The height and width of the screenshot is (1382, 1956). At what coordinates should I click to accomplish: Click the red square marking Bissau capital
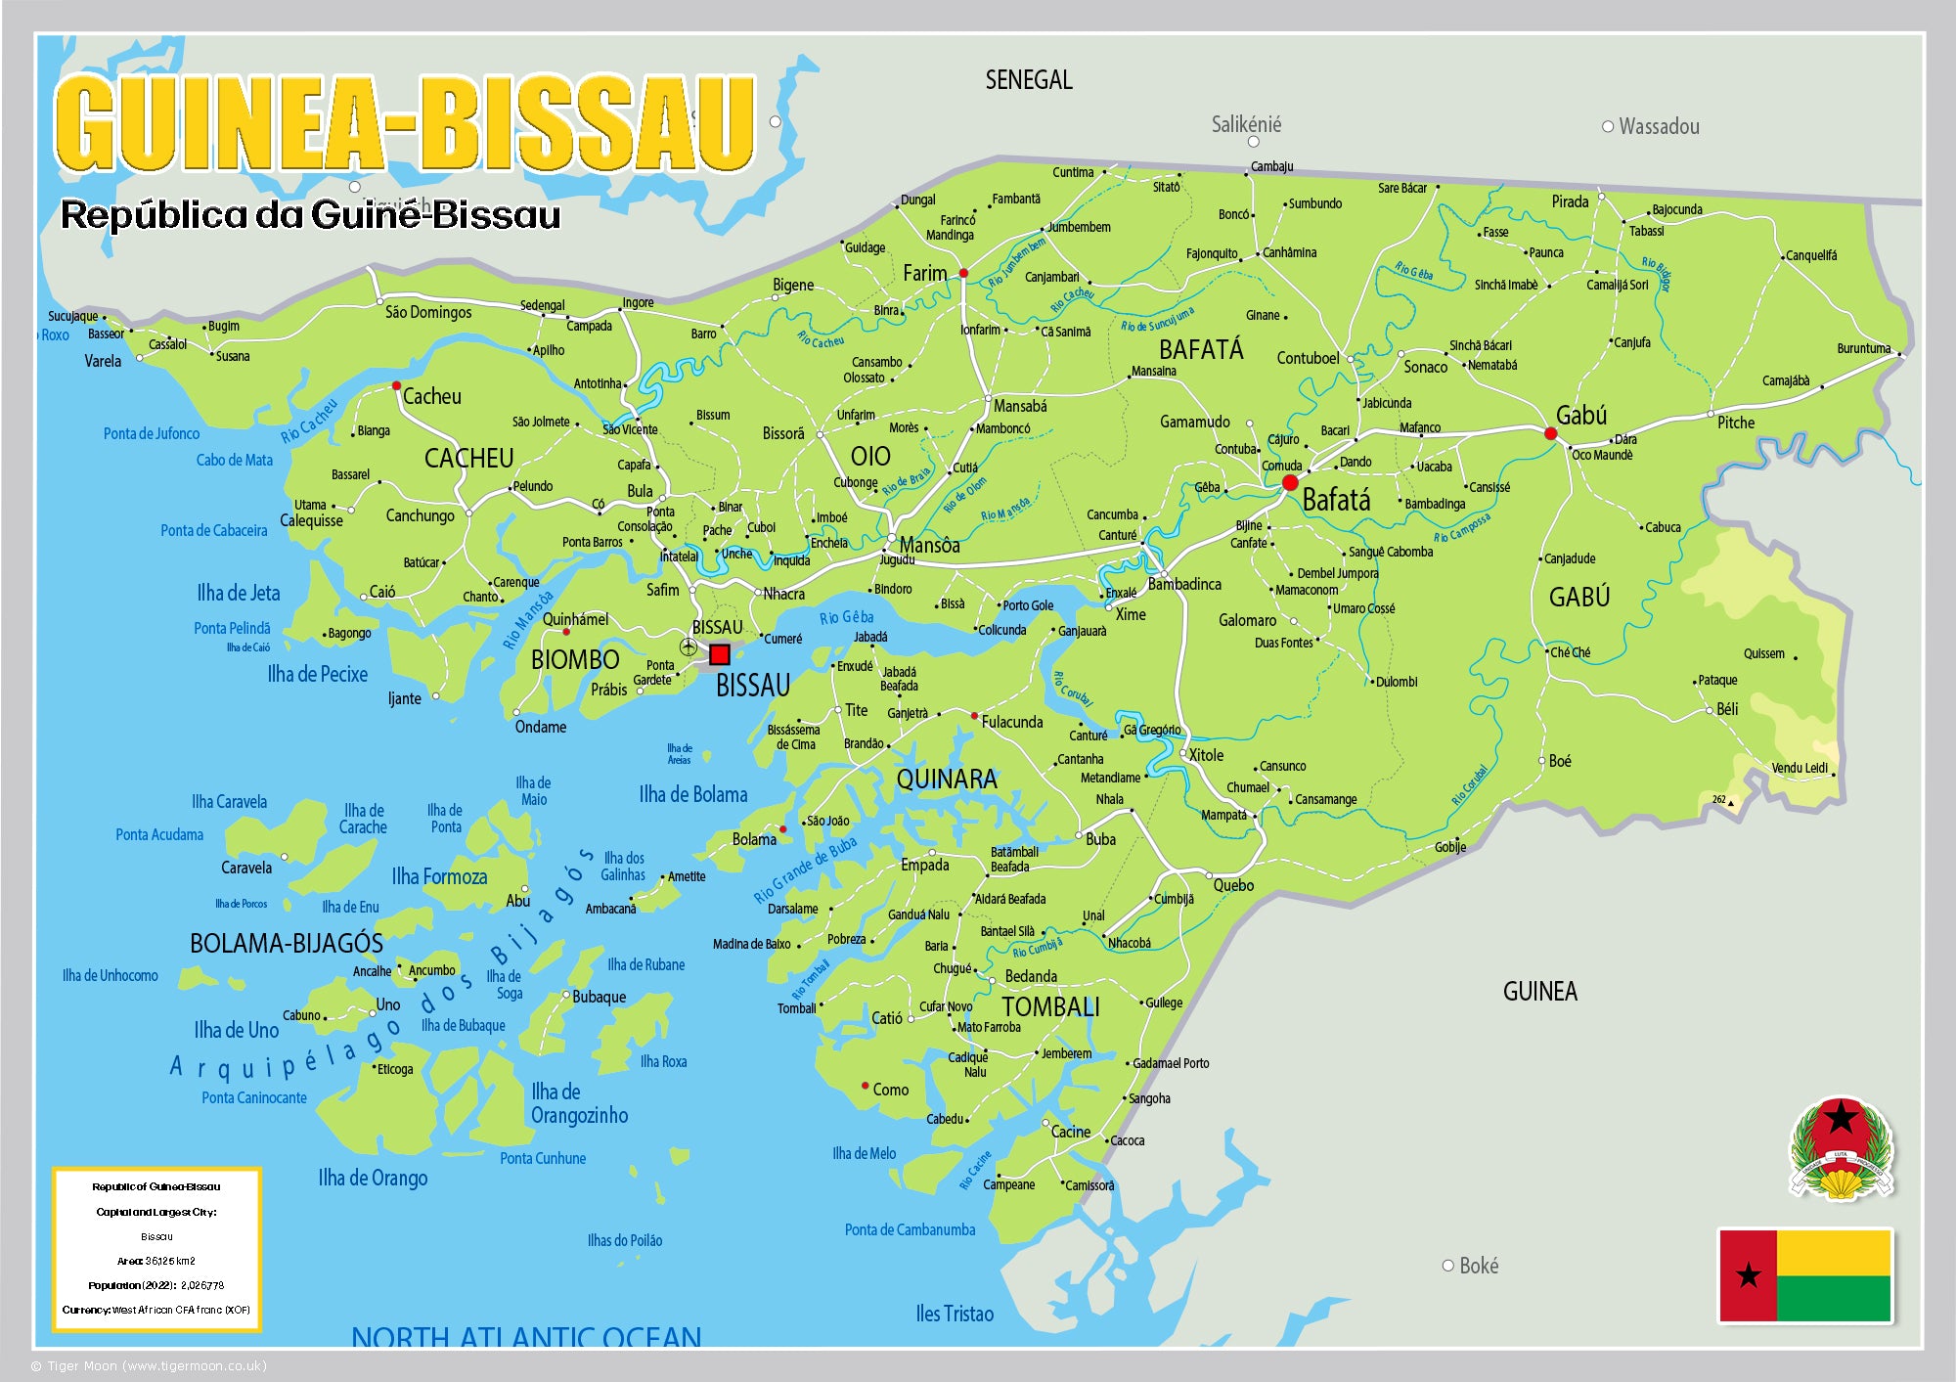coord(720,654)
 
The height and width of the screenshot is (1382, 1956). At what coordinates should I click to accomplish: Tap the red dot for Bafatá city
coord(1290,483)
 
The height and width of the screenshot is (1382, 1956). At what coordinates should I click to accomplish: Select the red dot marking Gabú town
coord(1550,433)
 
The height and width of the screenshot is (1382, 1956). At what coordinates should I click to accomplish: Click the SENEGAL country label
coord(1028,80)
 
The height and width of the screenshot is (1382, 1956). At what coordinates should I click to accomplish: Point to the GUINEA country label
coord(1539,992)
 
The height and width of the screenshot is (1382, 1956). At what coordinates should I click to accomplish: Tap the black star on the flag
coord(1748,1274)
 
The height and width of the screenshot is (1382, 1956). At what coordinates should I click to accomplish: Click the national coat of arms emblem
coord(1842,1149)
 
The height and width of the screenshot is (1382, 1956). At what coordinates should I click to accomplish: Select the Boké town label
coord(1478,1266)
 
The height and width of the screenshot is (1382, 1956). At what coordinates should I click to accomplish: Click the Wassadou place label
coord(1658,126)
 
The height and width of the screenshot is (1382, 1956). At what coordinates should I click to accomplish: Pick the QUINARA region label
coord(947,780)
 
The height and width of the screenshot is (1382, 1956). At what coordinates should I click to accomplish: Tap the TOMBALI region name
coord(1050,1007)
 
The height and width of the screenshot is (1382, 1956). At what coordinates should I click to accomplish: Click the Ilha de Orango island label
coord(373,1178)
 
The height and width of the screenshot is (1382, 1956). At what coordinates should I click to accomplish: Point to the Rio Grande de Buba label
coord(805,869)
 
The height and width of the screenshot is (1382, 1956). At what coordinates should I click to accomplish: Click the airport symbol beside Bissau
coord(689,646)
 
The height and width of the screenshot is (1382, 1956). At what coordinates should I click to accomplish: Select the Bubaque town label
coord(599,998)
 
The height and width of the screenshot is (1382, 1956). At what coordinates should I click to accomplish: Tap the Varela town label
coord(103,361)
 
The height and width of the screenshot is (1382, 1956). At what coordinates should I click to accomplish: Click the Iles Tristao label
coord(955,1314)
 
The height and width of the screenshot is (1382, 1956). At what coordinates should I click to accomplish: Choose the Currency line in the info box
coord(156,1310)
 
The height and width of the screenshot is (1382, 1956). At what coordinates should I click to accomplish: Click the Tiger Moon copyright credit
coord(149,1366)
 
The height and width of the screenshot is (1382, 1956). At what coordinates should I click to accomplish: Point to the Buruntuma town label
coord(1863,348)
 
